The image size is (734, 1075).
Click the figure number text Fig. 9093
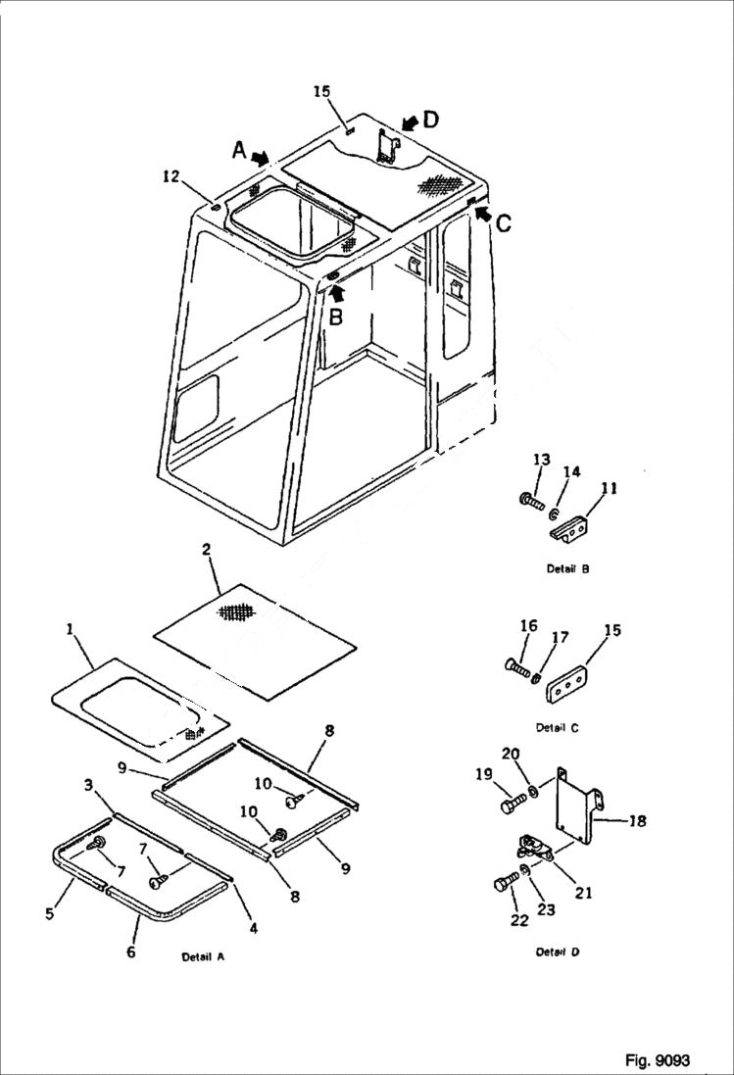[x=657, y=1060]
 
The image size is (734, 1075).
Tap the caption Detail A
[x=203, y=956]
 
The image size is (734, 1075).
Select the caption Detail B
[x=568, y=568]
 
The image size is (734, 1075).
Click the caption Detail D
[x=559, y=952]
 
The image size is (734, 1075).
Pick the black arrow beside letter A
[x=261, y=157]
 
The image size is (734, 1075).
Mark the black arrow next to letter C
[x=480, y=213]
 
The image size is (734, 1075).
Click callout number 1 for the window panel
[x=71, y=630]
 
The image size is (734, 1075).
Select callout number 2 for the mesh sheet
[x=207, y=550]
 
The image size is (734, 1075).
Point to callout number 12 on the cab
[x=171, y=176]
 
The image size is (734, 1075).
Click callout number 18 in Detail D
[x=637, y=821]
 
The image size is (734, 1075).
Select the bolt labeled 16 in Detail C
[x=517, y=670]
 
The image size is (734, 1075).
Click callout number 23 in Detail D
[x=546, y=909]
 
